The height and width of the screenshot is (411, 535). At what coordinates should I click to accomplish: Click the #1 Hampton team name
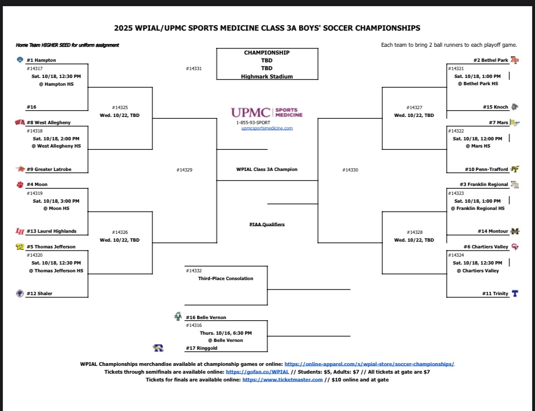[41, 60]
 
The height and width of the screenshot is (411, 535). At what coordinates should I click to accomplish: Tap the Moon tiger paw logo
[20, 184]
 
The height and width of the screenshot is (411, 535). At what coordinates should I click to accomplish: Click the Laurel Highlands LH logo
[20, 231]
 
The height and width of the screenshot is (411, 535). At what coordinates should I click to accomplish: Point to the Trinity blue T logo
[515, 293]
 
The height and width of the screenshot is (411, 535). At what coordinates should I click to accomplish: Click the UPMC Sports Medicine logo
[267, 112]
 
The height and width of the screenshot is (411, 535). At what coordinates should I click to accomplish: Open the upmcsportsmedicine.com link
[267, 128]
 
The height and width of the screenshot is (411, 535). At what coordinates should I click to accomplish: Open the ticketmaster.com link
[283, 379]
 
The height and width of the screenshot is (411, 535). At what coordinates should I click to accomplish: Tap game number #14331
[193, 68]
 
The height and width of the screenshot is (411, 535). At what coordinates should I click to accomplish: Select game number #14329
[184, 170]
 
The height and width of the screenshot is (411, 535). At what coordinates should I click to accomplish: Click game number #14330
[350, 170]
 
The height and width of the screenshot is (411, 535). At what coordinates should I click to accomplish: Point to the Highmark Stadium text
[267, 76]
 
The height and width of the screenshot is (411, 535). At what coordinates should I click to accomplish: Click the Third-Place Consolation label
[226, 278]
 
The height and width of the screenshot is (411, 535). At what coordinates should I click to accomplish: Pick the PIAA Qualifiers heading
[267, 224]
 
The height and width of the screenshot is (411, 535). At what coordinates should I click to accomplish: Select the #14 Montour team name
[493, 231]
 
